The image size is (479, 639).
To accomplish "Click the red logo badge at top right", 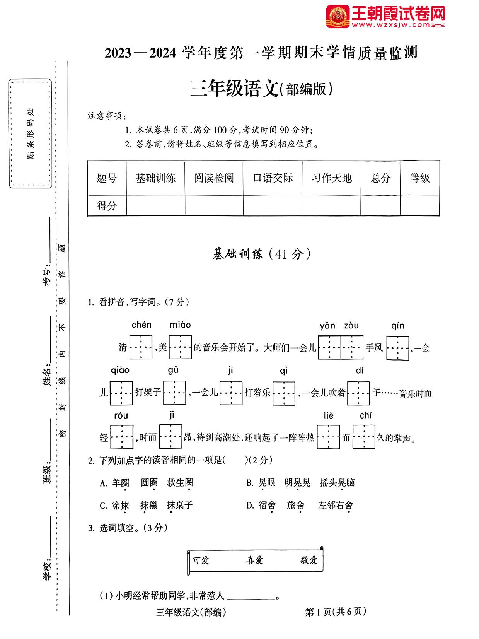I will [338, 17].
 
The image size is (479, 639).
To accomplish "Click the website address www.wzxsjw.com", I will [391, 25].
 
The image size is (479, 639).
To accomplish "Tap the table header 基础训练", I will [155, 178].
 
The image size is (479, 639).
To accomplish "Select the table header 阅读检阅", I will [214, 178].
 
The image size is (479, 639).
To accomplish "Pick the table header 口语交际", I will [273, 178].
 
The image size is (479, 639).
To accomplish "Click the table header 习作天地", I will [331, 178].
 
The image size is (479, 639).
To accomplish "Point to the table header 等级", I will [420, 178].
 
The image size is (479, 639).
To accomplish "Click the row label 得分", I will [107, 205].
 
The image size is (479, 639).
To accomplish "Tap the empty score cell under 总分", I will [380, 205].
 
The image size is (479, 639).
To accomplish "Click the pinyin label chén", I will [141, 325].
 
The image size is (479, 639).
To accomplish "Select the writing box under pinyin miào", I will [180, 347].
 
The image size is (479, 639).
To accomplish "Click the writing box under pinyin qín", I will [397, 348].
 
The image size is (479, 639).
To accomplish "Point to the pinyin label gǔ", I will [173, 370].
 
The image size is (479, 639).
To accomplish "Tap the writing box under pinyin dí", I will [358, 393].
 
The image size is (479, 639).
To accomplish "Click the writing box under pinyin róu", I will [122, 437].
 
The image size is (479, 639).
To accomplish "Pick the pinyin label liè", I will [328, 416].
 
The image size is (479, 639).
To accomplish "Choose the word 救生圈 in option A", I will [180, 483].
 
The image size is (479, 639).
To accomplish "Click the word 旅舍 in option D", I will [296, 506].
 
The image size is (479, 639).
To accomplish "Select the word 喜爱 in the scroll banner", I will [254, 560].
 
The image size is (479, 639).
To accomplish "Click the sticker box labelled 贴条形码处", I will [30, 133].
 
